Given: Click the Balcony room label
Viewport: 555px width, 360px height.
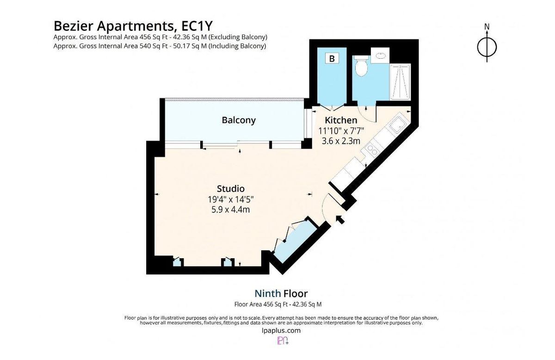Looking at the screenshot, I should (x=239, y=120).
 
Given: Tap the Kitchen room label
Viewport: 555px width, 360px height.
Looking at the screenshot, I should (x=341, y=120).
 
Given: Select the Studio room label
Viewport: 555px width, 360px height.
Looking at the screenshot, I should (x=231, y=189).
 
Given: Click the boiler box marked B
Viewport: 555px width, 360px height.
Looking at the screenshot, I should (x=332, y=59).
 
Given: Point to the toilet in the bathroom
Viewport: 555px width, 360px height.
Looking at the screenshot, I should (x=361, y=68).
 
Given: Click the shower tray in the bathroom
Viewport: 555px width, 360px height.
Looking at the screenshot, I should (x=400, y=82).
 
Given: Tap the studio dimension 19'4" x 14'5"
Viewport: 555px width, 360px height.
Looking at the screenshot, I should (x=231, y=199).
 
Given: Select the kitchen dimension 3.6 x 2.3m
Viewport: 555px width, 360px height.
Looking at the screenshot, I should (x=341, y=141).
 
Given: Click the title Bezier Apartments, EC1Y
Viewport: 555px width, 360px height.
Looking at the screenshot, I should (x=134, y=25).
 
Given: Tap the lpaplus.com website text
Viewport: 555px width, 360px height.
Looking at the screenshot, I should (x=281, y=330).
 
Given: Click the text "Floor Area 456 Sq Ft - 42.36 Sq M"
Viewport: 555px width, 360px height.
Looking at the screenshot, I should (x=278, y=304).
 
